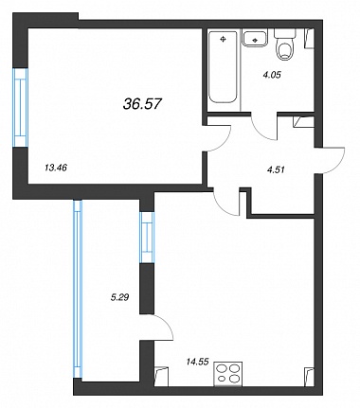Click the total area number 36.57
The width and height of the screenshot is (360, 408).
[x=142, y=104]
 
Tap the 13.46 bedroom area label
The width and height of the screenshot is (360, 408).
[x=55, y=168]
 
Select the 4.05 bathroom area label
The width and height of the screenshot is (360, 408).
[x=272, y=75]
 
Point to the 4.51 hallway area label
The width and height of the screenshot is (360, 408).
[x=276, y=169]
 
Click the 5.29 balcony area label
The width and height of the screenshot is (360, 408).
[x=119, y=297]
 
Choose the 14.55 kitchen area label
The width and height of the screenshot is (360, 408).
[x=198, y=362]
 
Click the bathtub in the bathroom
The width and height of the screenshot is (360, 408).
[x=223, y=67]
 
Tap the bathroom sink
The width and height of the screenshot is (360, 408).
[x=255, y=38]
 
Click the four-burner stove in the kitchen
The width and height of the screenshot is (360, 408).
[x=228, y=374]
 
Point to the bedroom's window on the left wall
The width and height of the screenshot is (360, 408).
[x=21, y=107]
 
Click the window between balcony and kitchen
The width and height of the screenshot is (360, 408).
[x=147, y=238]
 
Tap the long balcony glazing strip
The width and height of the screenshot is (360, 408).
[x=78, y=289]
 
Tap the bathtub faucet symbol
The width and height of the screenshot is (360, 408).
[x=224, y=39]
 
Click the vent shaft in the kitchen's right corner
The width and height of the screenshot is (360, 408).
[x=309, y=377]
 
